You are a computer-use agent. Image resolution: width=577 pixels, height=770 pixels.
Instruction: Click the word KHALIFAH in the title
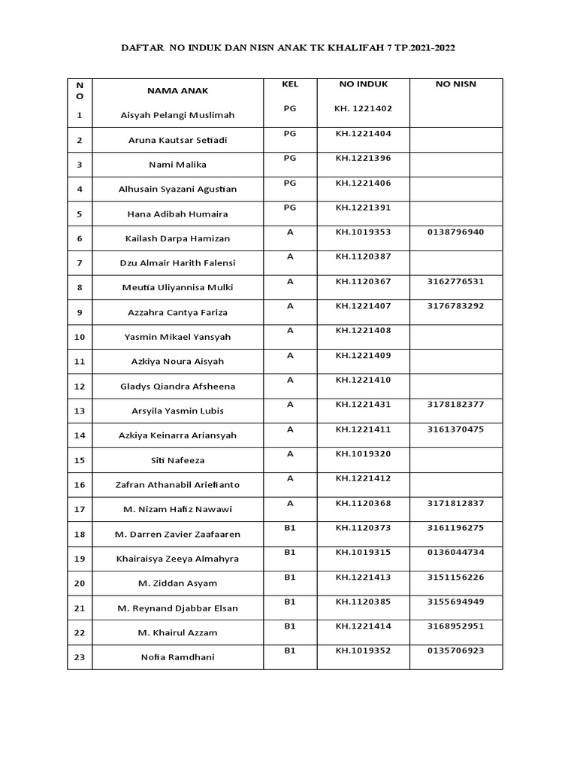pyautogui.click(x=347, y=47)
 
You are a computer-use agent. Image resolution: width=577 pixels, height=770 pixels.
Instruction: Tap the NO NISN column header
pyautogui.click(x=455, y=84)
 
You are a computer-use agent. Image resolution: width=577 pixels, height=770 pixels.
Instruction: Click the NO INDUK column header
pyautogui.click(x=363, y=84)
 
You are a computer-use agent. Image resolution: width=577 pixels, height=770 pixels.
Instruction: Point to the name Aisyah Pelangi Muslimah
pyautogui.click(x=177, y=115)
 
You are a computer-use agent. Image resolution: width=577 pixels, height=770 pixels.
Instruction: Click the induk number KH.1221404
pyautogui.click(x=363, y=133)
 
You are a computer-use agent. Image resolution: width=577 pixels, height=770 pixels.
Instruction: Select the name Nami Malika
pyautogui.click(x=177, y=165)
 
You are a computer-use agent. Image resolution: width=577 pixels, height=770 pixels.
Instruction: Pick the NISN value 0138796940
pyautogui.click(x=455, y=232)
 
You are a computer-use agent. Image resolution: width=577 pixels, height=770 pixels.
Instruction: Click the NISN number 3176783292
pyautogui.click(x=455, y=306)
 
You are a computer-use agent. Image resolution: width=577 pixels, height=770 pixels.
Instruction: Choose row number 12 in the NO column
pyautogui.click(x=80, y=387)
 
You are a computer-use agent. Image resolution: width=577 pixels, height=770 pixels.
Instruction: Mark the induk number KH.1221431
pyautogui.click(x=363, y=405)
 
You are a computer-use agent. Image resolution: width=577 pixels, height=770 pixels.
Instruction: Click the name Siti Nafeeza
pyautogui.click(x=177, y=460)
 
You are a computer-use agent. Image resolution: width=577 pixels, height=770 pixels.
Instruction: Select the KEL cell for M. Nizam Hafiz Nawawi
pyautogui.click(x=290, y=503)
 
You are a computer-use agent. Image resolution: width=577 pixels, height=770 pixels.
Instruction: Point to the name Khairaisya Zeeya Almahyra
pyautogui.click(x=177, y=559)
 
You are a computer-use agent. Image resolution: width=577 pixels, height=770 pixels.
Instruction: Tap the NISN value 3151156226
pyautogui.click(x=455, y=577)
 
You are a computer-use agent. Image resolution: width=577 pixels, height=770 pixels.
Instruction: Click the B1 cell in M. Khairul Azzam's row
pyautogui.click(x=290, y=626)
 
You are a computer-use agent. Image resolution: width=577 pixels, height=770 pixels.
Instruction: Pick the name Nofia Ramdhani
pyautogui.click(x=177, y=657)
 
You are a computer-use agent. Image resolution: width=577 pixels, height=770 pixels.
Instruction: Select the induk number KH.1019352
pyautogui.click(x=363, y=650)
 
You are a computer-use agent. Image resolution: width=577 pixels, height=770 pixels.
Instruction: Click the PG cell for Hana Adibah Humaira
pyautogui.click(x=290, y=207)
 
